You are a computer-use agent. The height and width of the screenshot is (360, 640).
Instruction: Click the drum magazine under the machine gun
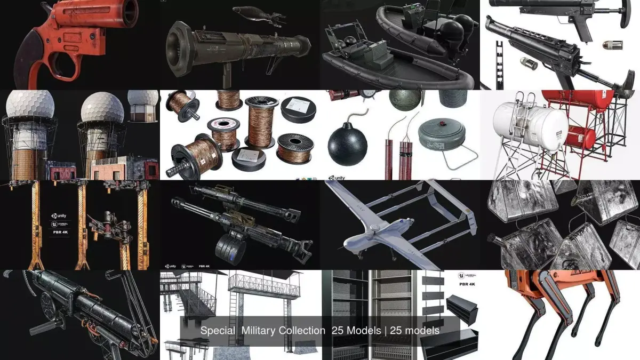(x=229, y=248)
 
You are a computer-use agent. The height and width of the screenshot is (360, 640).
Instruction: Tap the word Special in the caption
(x=217, y=331)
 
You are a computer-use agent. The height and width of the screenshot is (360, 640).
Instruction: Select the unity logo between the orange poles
(x=59, y=215)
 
